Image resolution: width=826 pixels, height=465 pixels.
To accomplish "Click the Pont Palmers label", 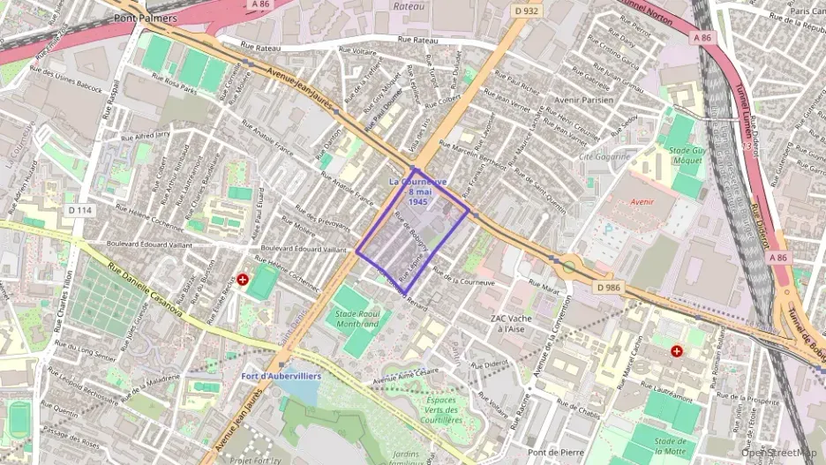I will [145, 18].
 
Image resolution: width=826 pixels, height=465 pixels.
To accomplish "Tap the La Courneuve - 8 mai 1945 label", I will [417, 191].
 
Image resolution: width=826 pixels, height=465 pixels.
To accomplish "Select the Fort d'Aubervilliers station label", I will [282, 376].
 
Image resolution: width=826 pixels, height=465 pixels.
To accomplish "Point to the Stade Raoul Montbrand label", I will [357, 319].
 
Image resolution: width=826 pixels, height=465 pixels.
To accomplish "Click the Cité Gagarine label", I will [604, 156].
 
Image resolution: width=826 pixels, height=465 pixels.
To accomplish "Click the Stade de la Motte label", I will [671, 446].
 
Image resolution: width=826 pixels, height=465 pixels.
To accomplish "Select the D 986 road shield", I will [609, 288].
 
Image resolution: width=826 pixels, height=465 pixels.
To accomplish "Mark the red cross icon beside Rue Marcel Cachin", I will [677, 351].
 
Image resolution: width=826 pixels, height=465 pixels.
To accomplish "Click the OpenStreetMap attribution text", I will [781, 454].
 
